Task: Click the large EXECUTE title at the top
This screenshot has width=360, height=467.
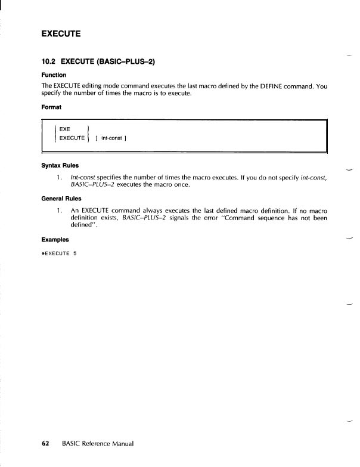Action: point(61,33)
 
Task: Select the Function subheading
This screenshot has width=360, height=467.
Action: point(54,75)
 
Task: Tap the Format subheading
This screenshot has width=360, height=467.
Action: point(51,108)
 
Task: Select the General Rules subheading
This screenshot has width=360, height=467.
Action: point(61,199)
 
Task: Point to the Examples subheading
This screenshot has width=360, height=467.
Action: point(55,239)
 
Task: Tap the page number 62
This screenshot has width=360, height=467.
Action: point(45,444)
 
